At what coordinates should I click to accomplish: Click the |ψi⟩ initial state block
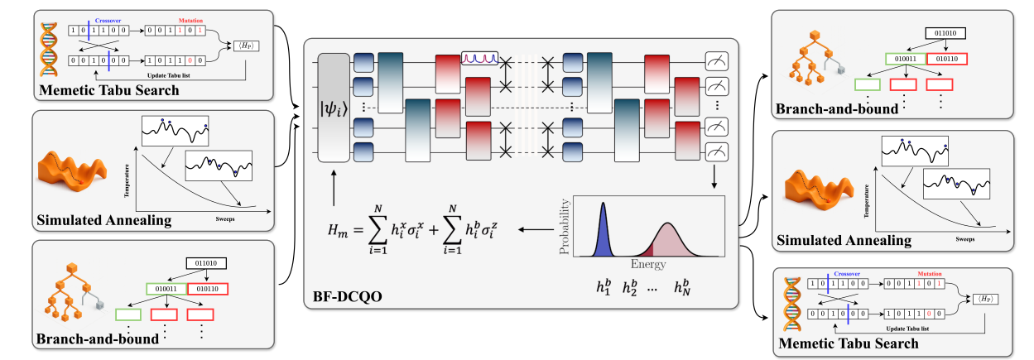point(336,108)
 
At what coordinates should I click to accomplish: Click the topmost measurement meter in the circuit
point(715,60)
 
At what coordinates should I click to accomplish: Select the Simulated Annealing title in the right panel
point(844,241)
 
